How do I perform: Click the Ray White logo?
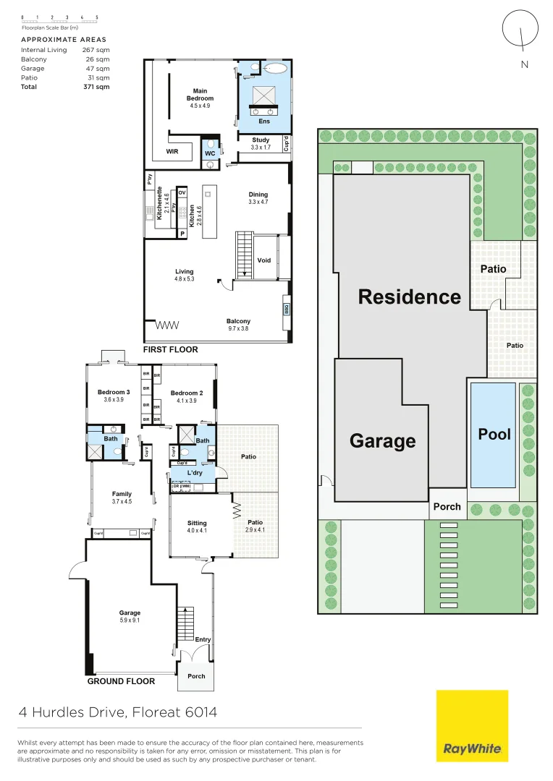click(472, 725)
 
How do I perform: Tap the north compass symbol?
click(520, 30)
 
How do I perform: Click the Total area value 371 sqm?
click(96, 87)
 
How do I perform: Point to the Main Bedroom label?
click(200, 95)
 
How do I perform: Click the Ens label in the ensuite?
click(264, 121)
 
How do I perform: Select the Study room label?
click(261, 140)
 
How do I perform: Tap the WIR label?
click(172, 153)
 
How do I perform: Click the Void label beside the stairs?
click(264, 260)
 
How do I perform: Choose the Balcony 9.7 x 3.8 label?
click(238, 325)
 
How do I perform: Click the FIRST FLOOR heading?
click(170, 350)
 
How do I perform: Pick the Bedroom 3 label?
click(114, 396)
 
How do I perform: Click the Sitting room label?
click(197, 526)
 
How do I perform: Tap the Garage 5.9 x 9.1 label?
click(130, 617)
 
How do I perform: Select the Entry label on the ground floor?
click(203, 639)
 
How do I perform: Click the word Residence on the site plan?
click(410, 297)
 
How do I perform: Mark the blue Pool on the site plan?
click(494, 435)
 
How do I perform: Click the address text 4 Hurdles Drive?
click(118, 712)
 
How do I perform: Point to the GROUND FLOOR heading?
click(121, 681)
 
